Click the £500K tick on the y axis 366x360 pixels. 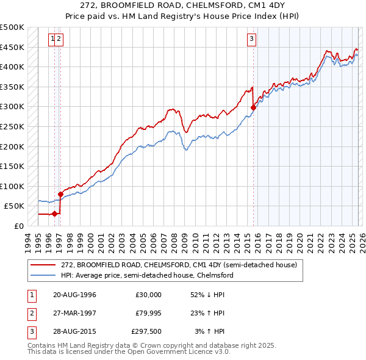(12, 27)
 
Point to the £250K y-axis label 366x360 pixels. (12, 126)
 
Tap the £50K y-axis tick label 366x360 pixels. (15, 206)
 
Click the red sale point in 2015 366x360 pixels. (253, 107)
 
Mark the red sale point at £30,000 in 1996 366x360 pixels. (55, 214)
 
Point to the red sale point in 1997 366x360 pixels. (60, 194)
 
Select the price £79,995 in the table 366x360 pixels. (148, 313)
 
